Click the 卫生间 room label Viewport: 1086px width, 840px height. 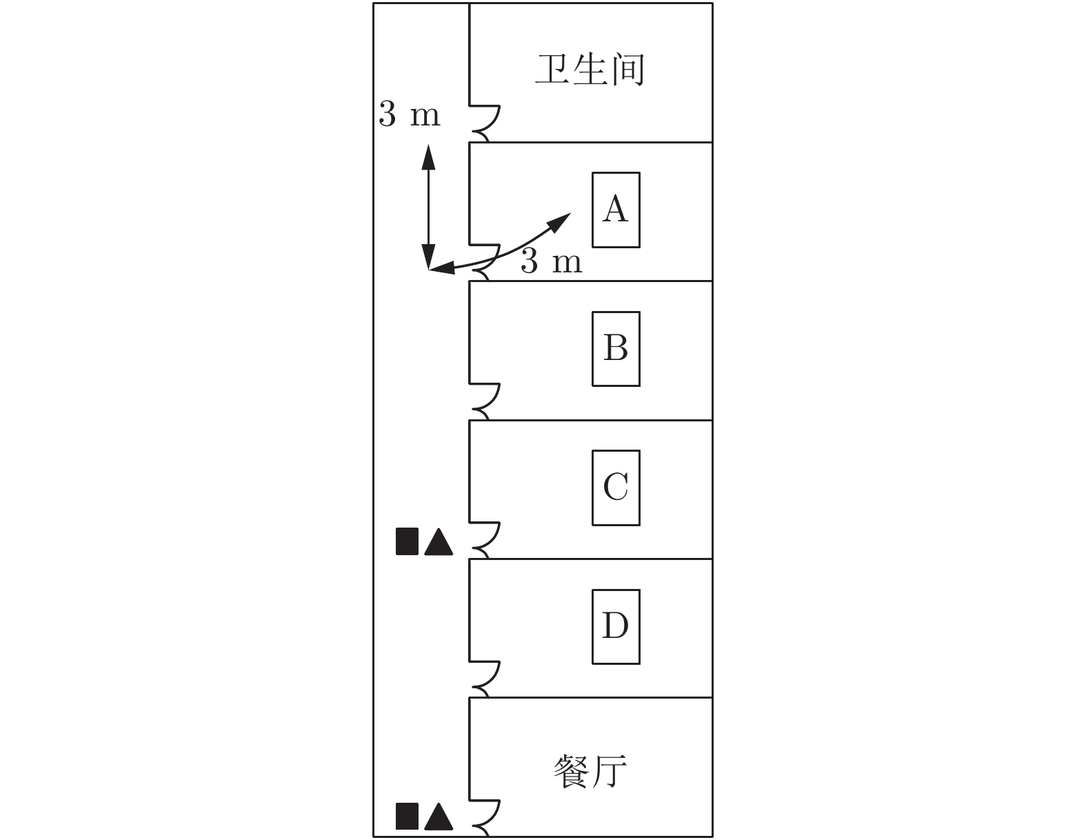pos(590,70)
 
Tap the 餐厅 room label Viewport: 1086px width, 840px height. pos(590,771)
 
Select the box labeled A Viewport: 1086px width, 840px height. pos(616,210)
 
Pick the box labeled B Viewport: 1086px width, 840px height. pos(616,349)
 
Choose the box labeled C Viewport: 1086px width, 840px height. pos(616,488)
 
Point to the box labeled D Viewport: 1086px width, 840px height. pos(616,627)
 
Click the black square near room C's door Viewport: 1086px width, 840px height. pos(407,541)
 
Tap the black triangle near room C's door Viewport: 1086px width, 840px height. pos(439,541)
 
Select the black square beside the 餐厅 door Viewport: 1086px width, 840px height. pos(407,816)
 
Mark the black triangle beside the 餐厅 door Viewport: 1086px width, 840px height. pos(439,817)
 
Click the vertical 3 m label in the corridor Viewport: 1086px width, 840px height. pos(410,114)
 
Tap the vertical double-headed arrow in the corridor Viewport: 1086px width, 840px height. pos(428,207)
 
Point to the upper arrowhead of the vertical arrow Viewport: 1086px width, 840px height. pos(428,156)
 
